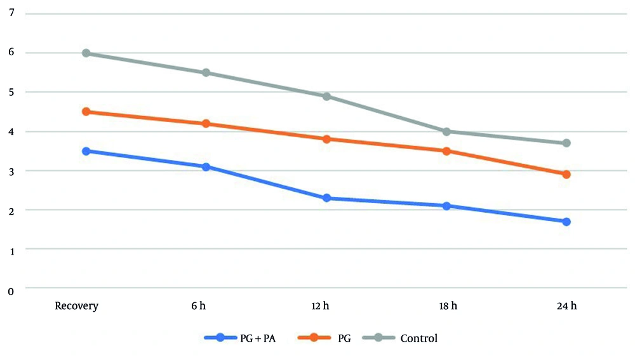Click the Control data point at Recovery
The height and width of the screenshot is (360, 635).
tap(86, 53)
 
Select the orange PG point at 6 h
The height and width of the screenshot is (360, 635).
tap(206, 124)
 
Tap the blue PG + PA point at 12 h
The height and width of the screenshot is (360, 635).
tap(326, 198)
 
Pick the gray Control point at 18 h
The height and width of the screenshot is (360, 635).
tap(446, 132)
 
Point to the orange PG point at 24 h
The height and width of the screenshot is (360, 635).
tap(566, 174)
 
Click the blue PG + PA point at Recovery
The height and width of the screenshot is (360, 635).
tap(86, 151)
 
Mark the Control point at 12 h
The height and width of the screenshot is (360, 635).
tap(326, 97)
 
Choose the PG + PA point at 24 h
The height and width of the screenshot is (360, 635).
tap(566, 222)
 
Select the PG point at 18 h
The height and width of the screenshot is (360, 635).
tap(446, 151)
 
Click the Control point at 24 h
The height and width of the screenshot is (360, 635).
tap(566, 143)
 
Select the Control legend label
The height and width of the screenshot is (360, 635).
tap(418, 338)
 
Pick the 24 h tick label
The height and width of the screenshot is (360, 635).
tap(566, 306)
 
